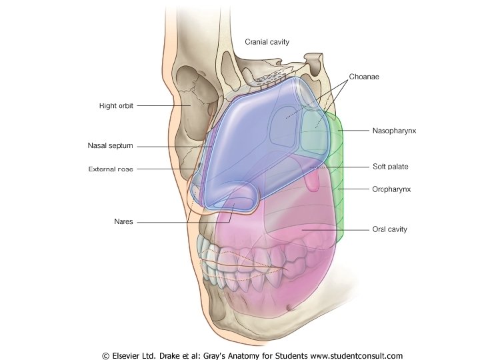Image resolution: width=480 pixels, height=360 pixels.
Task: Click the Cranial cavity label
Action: (267, 42)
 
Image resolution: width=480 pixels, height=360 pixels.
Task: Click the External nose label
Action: (111, 169)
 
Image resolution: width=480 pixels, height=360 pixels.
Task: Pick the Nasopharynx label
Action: (394, 131)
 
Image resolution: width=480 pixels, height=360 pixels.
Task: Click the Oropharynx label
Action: (391, 189)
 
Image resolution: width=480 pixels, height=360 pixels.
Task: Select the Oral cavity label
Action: (389, 229)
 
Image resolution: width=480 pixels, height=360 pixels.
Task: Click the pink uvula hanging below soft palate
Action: (312, 180)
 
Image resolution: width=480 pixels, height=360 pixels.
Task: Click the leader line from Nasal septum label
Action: (173, 146)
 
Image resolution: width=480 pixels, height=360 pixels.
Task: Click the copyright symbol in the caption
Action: (105, 355)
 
